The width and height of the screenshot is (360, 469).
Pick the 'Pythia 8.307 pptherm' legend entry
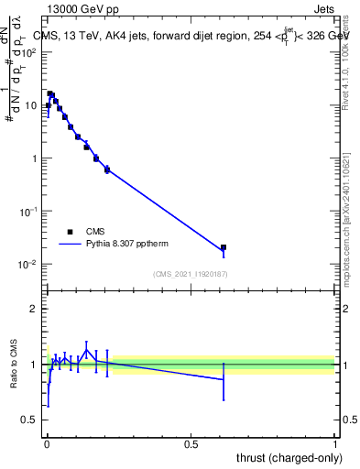click(119, 245)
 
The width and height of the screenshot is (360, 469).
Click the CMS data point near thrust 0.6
click(224, 247)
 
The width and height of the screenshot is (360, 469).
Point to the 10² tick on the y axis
click(31, 51)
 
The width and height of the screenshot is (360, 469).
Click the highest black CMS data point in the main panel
click(51, 93)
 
